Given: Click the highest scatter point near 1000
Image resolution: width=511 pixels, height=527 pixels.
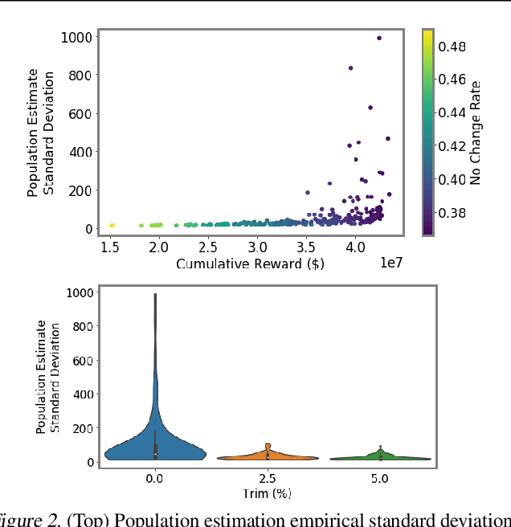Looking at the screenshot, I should tap(379, 38).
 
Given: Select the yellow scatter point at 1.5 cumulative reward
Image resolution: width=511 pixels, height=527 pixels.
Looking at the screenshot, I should tap(112, 226).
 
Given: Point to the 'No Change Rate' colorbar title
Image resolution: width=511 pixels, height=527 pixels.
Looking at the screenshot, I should tap(476, 133).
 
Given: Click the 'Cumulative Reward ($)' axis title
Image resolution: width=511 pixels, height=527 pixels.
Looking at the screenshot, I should tap(250, 264).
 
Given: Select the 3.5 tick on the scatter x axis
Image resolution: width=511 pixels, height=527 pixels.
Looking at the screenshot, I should tap(306, 246).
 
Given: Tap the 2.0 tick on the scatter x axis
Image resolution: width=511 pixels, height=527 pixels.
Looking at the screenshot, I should tap(159, 246).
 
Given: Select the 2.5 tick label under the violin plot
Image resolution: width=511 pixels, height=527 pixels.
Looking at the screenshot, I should tap(268, 478).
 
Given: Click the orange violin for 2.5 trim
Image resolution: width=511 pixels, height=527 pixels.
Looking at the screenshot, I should tap(268, 456).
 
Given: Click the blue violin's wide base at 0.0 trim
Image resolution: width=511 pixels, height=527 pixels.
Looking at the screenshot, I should tap(155, 452).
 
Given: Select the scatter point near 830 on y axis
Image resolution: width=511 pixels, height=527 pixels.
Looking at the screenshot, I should tap(350, 68).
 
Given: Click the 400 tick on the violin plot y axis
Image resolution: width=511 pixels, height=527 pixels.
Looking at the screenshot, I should tap(82, 394).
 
